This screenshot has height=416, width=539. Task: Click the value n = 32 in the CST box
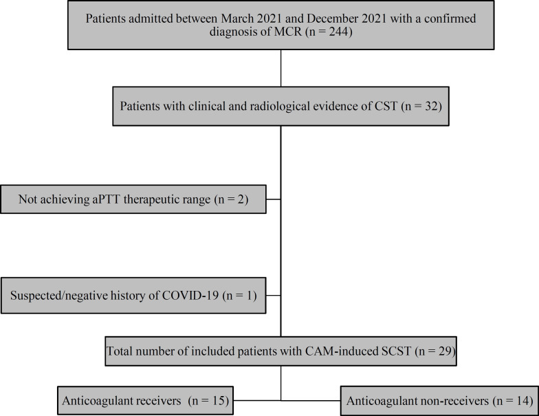tap(412, 107)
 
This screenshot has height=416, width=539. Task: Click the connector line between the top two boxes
tap(281, 68)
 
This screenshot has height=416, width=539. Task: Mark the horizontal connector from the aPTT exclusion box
tap(274, 200)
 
